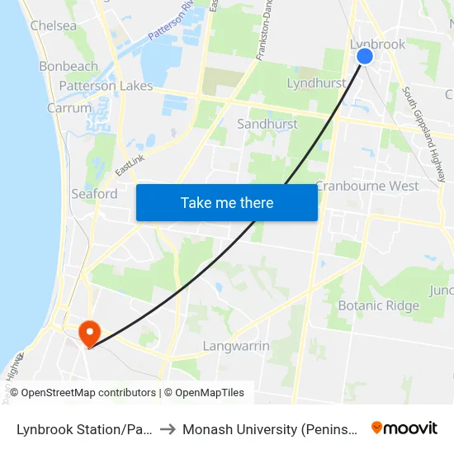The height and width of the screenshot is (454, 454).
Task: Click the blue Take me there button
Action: pos(227,202)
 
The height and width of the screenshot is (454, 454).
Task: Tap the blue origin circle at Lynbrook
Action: pos(364,56)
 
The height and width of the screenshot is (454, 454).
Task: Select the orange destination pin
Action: pos(88,333)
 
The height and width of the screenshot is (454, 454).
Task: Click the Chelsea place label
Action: pos(54,26)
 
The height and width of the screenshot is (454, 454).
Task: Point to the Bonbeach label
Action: pos(69,66)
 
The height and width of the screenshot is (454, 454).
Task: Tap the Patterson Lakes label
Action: pos(106,86)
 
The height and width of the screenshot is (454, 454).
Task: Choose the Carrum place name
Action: pos(69,108)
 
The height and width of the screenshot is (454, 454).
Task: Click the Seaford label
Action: pos(94,194)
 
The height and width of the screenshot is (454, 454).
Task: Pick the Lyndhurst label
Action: pos(316,83)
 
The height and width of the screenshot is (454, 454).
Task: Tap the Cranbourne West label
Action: pos(367,186)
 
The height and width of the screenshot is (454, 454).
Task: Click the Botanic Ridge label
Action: pos(379,305)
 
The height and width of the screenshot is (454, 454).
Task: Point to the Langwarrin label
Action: pos(236,346)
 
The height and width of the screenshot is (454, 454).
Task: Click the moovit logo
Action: pos(404,428)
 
